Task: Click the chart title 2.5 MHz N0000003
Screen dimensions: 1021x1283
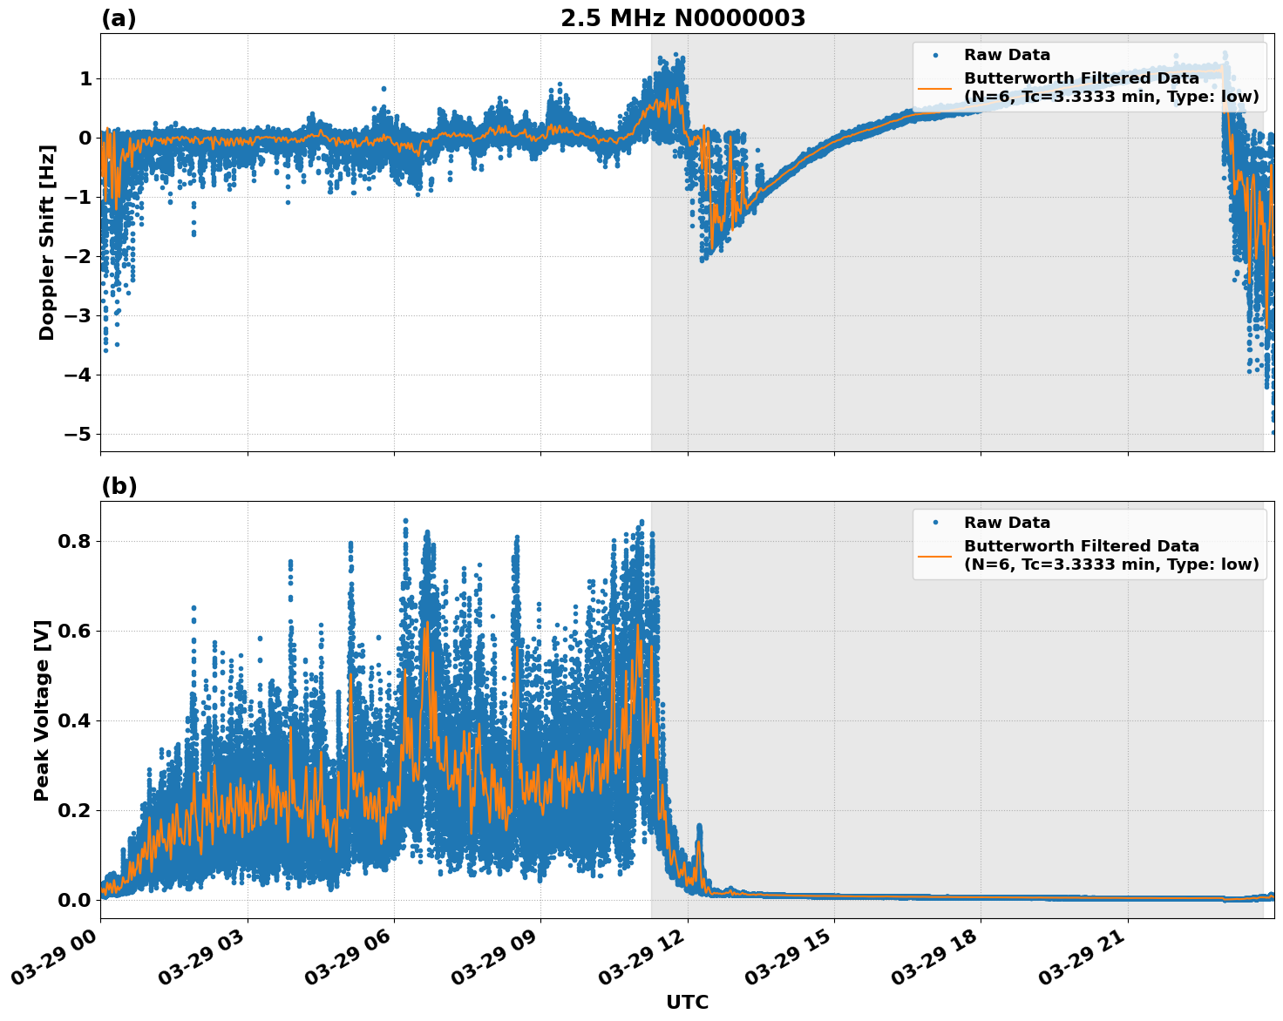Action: point(682,18)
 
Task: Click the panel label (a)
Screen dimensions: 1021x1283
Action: point(119,18)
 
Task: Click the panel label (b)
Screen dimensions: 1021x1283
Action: point(119,486)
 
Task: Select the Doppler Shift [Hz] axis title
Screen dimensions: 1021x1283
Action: point(47,242)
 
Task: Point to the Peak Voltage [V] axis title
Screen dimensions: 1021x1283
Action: point(42,710)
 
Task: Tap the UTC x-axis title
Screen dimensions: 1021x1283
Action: point(687,1002)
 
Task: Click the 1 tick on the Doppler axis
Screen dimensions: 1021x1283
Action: point(85,79)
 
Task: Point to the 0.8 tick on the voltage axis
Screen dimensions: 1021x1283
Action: point(75,541)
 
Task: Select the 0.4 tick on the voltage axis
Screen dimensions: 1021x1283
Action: point(75,720)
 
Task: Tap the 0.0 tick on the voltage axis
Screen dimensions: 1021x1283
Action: point(75,900)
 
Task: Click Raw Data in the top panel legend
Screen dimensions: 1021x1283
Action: point(1007,55)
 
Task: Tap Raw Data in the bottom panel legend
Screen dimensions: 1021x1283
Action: point(1007,523)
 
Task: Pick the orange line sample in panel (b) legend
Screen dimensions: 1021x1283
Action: point(935,555)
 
